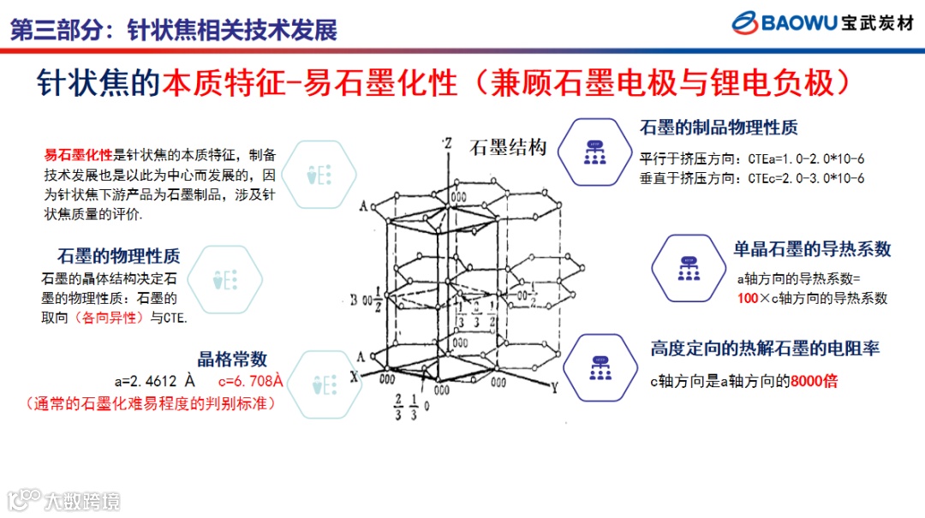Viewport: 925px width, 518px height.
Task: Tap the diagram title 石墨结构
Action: (x=508, y=148)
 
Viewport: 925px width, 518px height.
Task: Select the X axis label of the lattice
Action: (x=354, y=377)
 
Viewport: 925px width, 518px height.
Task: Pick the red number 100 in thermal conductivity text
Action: (x=748, y=298)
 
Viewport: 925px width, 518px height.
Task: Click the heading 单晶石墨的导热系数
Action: (x=812, y=248)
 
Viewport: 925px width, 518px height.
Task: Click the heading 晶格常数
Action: (x=233, y=359)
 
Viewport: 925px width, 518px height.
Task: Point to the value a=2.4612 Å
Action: (x=160, y=382)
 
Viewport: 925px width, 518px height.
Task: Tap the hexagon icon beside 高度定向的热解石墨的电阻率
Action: (x=600, y=367)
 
